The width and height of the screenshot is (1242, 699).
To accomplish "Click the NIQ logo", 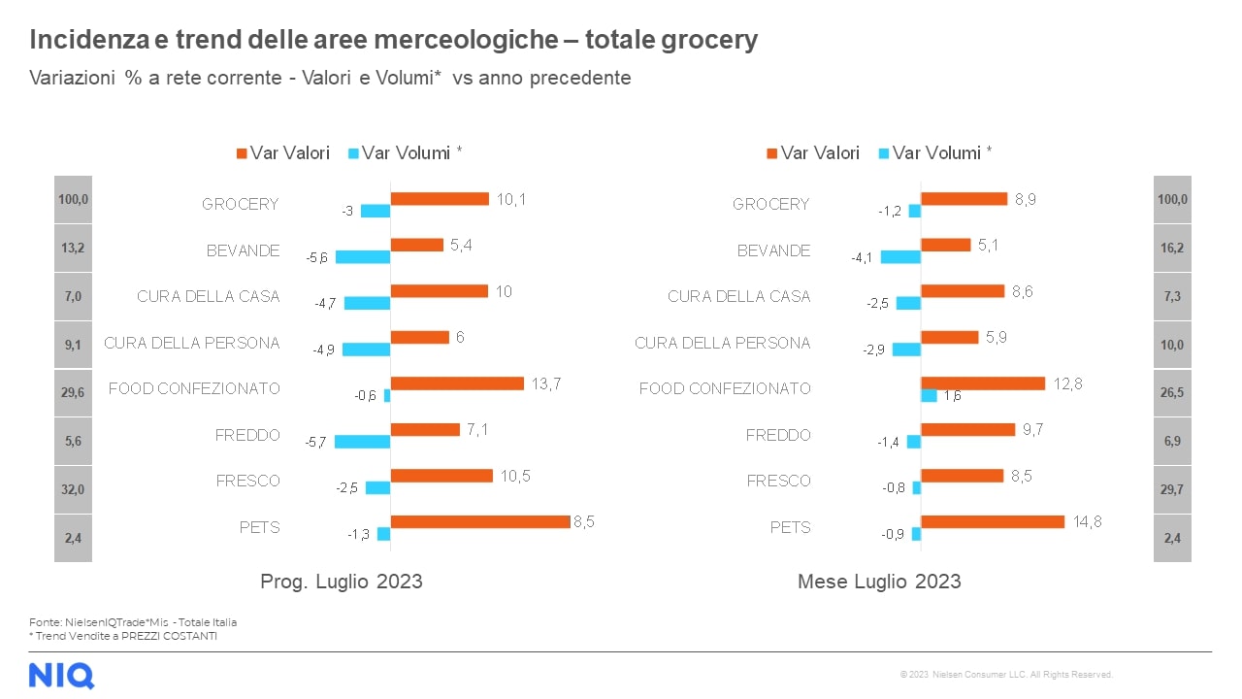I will click(x=61, y=675).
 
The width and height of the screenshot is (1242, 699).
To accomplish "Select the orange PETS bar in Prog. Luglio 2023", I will click(x=479, y=521).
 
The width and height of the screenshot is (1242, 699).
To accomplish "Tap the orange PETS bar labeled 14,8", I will click(x=992, y=521).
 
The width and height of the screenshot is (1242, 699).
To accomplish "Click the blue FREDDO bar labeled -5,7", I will click(x=362, y=442).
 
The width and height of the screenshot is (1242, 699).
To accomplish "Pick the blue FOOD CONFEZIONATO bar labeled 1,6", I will click(x=929, y=396).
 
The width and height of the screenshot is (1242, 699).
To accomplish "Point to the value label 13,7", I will click(x=546, y=383).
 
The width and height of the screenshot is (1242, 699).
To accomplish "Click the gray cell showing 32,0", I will click(x=73, y=490).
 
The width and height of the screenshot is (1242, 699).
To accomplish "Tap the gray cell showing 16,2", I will click(x=1172, y=249).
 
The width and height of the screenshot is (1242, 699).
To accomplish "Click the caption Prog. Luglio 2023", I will click(x=342, y=582).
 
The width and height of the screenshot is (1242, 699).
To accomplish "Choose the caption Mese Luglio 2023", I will click(x=879, y=582).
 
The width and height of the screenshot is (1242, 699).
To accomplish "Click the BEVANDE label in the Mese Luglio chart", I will click(x=773, y=250).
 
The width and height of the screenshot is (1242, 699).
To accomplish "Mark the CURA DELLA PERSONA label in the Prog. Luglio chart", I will click(x=191, y=343).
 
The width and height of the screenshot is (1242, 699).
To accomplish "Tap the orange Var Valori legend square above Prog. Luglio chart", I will click(x=242, y=153).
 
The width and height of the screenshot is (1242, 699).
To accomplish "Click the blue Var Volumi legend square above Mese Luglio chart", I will click(x=884, y=153).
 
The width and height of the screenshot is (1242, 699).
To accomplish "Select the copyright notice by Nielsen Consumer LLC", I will click(x=1006, y=675).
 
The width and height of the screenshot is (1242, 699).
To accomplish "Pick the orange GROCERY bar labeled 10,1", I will click(x=440, y=198).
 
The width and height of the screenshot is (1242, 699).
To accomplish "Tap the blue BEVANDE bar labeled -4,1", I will click(x=900, y=257).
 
